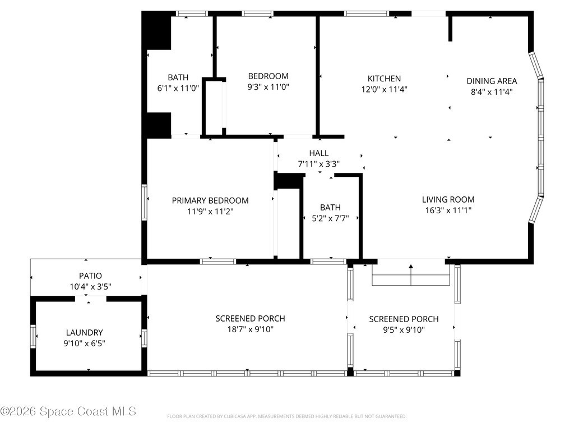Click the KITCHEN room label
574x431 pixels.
tap(384, 79)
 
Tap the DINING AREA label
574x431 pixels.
tap(492, 81)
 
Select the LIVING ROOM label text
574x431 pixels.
tap(448, 199)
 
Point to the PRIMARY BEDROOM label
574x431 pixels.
tap(210, 200)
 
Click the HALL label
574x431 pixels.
tap(319, 153)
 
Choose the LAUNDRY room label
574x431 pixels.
tap(84, 332)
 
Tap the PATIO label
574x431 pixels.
tap(90, 276)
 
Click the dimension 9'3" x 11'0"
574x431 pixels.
tap(269, 87)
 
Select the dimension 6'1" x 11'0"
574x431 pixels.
tap(178, 88)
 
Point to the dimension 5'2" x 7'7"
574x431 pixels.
tap(330, 218)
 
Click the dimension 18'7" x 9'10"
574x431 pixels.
tap(251, 329)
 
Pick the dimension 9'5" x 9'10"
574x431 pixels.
tap(404, 329)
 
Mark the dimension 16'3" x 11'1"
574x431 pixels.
tap(448, 210)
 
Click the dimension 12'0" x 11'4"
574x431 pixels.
tap(385, 89)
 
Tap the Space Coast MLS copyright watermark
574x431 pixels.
tap(68, 411)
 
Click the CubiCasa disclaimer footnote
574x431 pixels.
tap(286, 416)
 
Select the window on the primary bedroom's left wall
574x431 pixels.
tap(144, 203)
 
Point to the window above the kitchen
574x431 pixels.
tap(367, 14)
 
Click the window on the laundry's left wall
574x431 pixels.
tap(33, 336)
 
